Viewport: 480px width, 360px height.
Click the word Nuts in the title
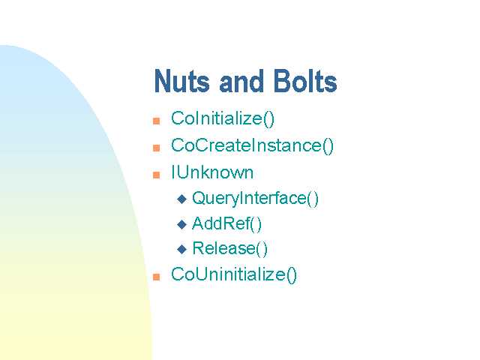tap(181, 81)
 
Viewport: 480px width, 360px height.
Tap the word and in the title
tap(241, 81)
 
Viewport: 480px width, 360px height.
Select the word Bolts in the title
tap(305, 81)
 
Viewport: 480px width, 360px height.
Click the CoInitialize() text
tap(223, 118)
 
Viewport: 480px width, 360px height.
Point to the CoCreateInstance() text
tap(252, 145)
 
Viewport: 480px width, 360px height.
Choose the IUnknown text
tap(212, 172)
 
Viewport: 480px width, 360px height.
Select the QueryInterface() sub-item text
tap(255, 198)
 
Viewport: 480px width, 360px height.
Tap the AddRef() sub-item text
tap(226, 223)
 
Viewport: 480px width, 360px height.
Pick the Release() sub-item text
tap(230, 248)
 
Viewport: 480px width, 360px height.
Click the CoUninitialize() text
tap(234, 274)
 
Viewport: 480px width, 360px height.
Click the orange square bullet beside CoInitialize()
tap(157, 121)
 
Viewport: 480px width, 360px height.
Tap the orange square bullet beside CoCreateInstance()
tap(157, 148)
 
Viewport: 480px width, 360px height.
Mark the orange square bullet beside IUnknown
tap(157, 175)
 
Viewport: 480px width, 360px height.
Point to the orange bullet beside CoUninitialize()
tap(157, 277)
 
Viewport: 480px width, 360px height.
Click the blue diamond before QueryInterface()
tap(181, 199)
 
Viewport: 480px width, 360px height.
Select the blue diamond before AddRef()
tap(181, 224)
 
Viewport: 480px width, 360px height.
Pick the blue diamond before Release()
tap(181, 249)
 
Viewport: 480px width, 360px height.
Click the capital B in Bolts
tap(281, 81)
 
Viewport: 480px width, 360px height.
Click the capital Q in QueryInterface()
tap(198, 198)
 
